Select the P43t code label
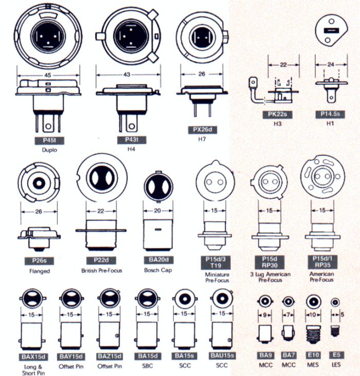point(126,140)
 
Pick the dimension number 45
point(47,74)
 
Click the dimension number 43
point(127,75)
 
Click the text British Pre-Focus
point(101,270)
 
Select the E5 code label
point(336,355)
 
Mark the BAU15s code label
point(223,355)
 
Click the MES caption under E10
point(313,366)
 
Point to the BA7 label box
point(289,355)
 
